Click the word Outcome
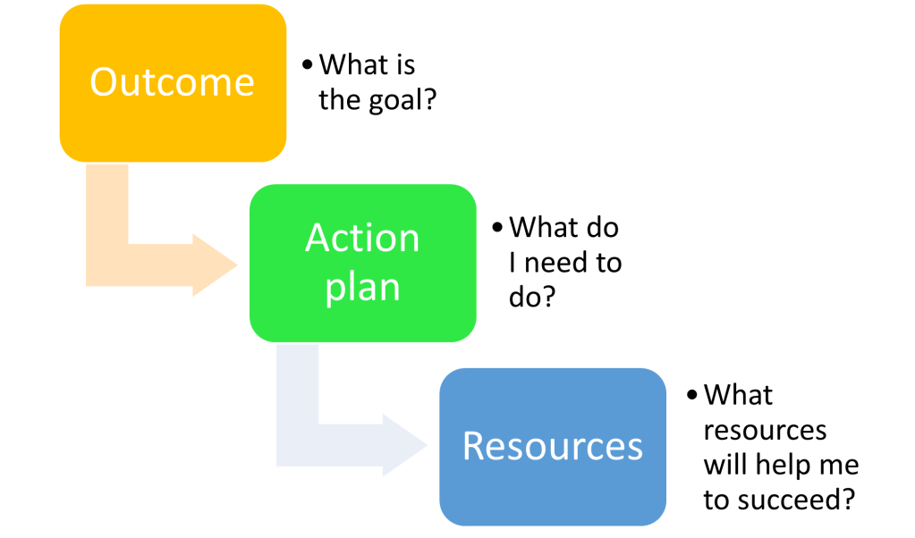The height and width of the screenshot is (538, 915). point(173,82)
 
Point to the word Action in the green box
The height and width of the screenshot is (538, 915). point(362,238)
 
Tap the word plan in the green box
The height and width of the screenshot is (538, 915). point(362,288)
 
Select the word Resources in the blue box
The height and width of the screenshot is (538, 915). point(552,445)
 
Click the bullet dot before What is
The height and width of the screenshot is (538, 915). point(308,65)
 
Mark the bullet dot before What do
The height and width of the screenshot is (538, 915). point(497,228)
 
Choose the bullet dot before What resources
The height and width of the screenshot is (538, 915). point(692,395)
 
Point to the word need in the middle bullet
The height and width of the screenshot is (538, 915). point(555,264)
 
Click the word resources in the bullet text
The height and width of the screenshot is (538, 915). point(765,430)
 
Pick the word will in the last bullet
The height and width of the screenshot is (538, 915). point(722,465)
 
